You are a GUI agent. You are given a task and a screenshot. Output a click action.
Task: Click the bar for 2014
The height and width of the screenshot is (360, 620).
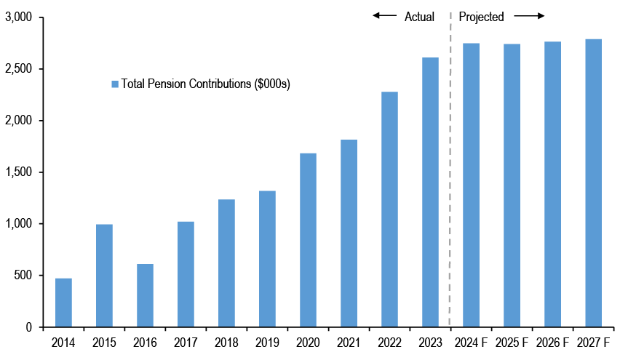pyautogui.click(x=63, y=303)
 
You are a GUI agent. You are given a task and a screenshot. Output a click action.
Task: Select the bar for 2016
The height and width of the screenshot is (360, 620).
pyautogui.click(x=145, y=295)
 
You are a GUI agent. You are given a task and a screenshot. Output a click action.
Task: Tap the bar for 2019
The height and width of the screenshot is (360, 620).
pyautogui.click(x=267, y=259)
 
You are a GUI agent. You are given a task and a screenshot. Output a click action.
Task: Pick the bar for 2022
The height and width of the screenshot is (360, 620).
pyautogui.click(x=389, y=209)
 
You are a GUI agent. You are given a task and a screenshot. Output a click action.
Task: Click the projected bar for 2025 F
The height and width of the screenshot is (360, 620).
pyautogui.click(x=512, y=185)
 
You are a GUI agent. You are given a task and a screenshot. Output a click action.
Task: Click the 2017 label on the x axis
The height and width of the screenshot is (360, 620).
pyautogui.click(x=186, y=342)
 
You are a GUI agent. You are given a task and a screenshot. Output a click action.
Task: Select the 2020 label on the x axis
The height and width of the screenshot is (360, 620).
pyautogui.click(x=308, y=342)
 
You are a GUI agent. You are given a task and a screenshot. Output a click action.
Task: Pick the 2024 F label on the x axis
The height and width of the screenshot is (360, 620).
pyautogui.click(x=471, y=342)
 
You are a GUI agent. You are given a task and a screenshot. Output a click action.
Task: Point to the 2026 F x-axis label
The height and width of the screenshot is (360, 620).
pyautogui.click(x=552, y=342)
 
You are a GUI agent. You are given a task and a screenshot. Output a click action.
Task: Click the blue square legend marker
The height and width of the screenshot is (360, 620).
pyautogui.click(x=115, y=84)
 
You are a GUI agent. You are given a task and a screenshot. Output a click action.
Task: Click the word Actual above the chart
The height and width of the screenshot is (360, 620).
pyautogui.click(x=419, y=17)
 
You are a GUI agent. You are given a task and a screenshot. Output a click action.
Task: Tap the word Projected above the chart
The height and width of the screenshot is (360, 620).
pyautogui.click(x=481, y=17)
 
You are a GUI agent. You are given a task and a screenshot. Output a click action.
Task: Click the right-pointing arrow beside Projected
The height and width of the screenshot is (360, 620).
pyautogui.click(x=530, y=16)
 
